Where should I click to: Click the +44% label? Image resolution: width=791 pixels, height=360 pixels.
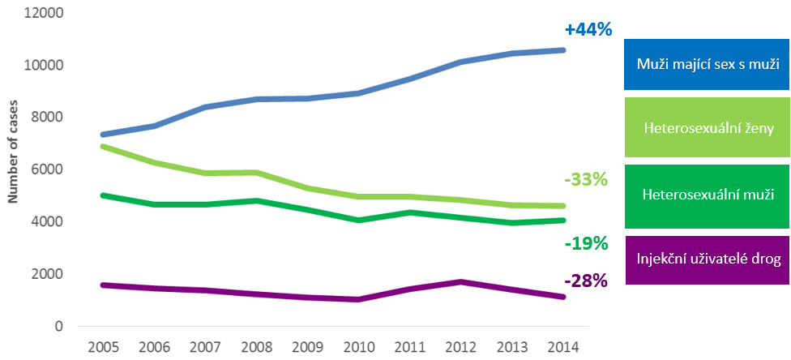pyautogui.click(x=588, y=30)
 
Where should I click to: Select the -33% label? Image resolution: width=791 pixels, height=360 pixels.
pyautogui.click(x=584, y=179)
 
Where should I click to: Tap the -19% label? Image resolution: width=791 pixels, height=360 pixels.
pyautogui.click(x=584, y=242)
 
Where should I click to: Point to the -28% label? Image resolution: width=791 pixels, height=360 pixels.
pyautogui.click(x=584, y=281)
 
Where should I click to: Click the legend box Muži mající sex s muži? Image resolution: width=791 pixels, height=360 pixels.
pyautogui.click(x=708, y=64)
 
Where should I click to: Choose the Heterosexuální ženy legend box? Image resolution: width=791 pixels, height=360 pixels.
pyautogui.click(x=708, y=127)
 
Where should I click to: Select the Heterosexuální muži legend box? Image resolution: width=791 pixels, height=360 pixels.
pyautogui.click(x=708, y=195)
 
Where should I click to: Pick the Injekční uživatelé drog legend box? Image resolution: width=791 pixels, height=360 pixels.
pyautogui.click(x=708, y=259)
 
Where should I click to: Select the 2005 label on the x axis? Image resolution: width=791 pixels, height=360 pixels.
pyautogui.click(x=104, y=347)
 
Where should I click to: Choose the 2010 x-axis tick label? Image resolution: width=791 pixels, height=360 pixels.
pyautogui.click(x=359, y=347)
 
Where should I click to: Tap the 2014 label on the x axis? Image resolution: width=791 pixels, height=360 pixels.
pyautogui.click(x=563, y=347)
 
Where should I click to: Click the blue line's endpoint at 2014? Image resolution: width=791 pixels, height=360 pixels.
pyautogui.click(x=563, y=50)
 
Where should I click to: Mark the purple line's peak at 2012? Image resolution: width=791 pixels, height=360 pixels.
pyautogui.click(x=461, y=281)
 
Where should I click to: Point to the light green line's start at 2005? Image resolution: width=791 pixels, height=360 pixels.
pyautogui.click(x=104, y=146)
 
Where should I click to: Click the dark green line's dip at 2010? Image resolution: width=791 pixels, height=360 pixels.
pyautogui.click(x=359, y=220)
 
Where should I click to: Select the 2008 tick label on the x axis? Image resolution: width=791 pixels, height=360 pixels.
pyautogui.click(x=257, y=347)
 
